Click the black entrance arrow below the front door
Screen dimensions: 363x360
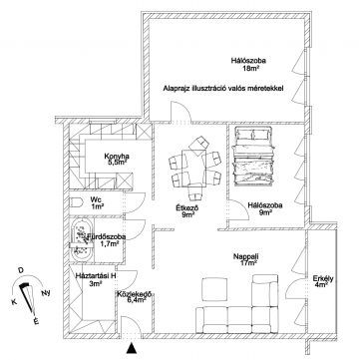point(133,348)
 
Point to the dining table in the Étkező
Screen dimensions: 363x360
point(195,167)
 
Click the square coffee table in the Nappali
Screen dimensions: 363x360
point(214,289)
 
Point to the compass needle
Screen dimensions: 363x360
point(28,298)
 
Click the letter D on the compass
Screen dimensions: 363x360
point(21,271)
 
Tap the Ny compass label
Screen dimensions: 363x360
point(46,293)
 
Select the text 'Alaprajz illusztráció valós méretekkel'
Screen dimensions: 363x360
point(223,89)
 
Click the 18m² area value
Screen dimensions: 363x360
point(251,69)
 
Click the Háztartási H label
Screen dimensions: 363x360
point(96,275)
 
